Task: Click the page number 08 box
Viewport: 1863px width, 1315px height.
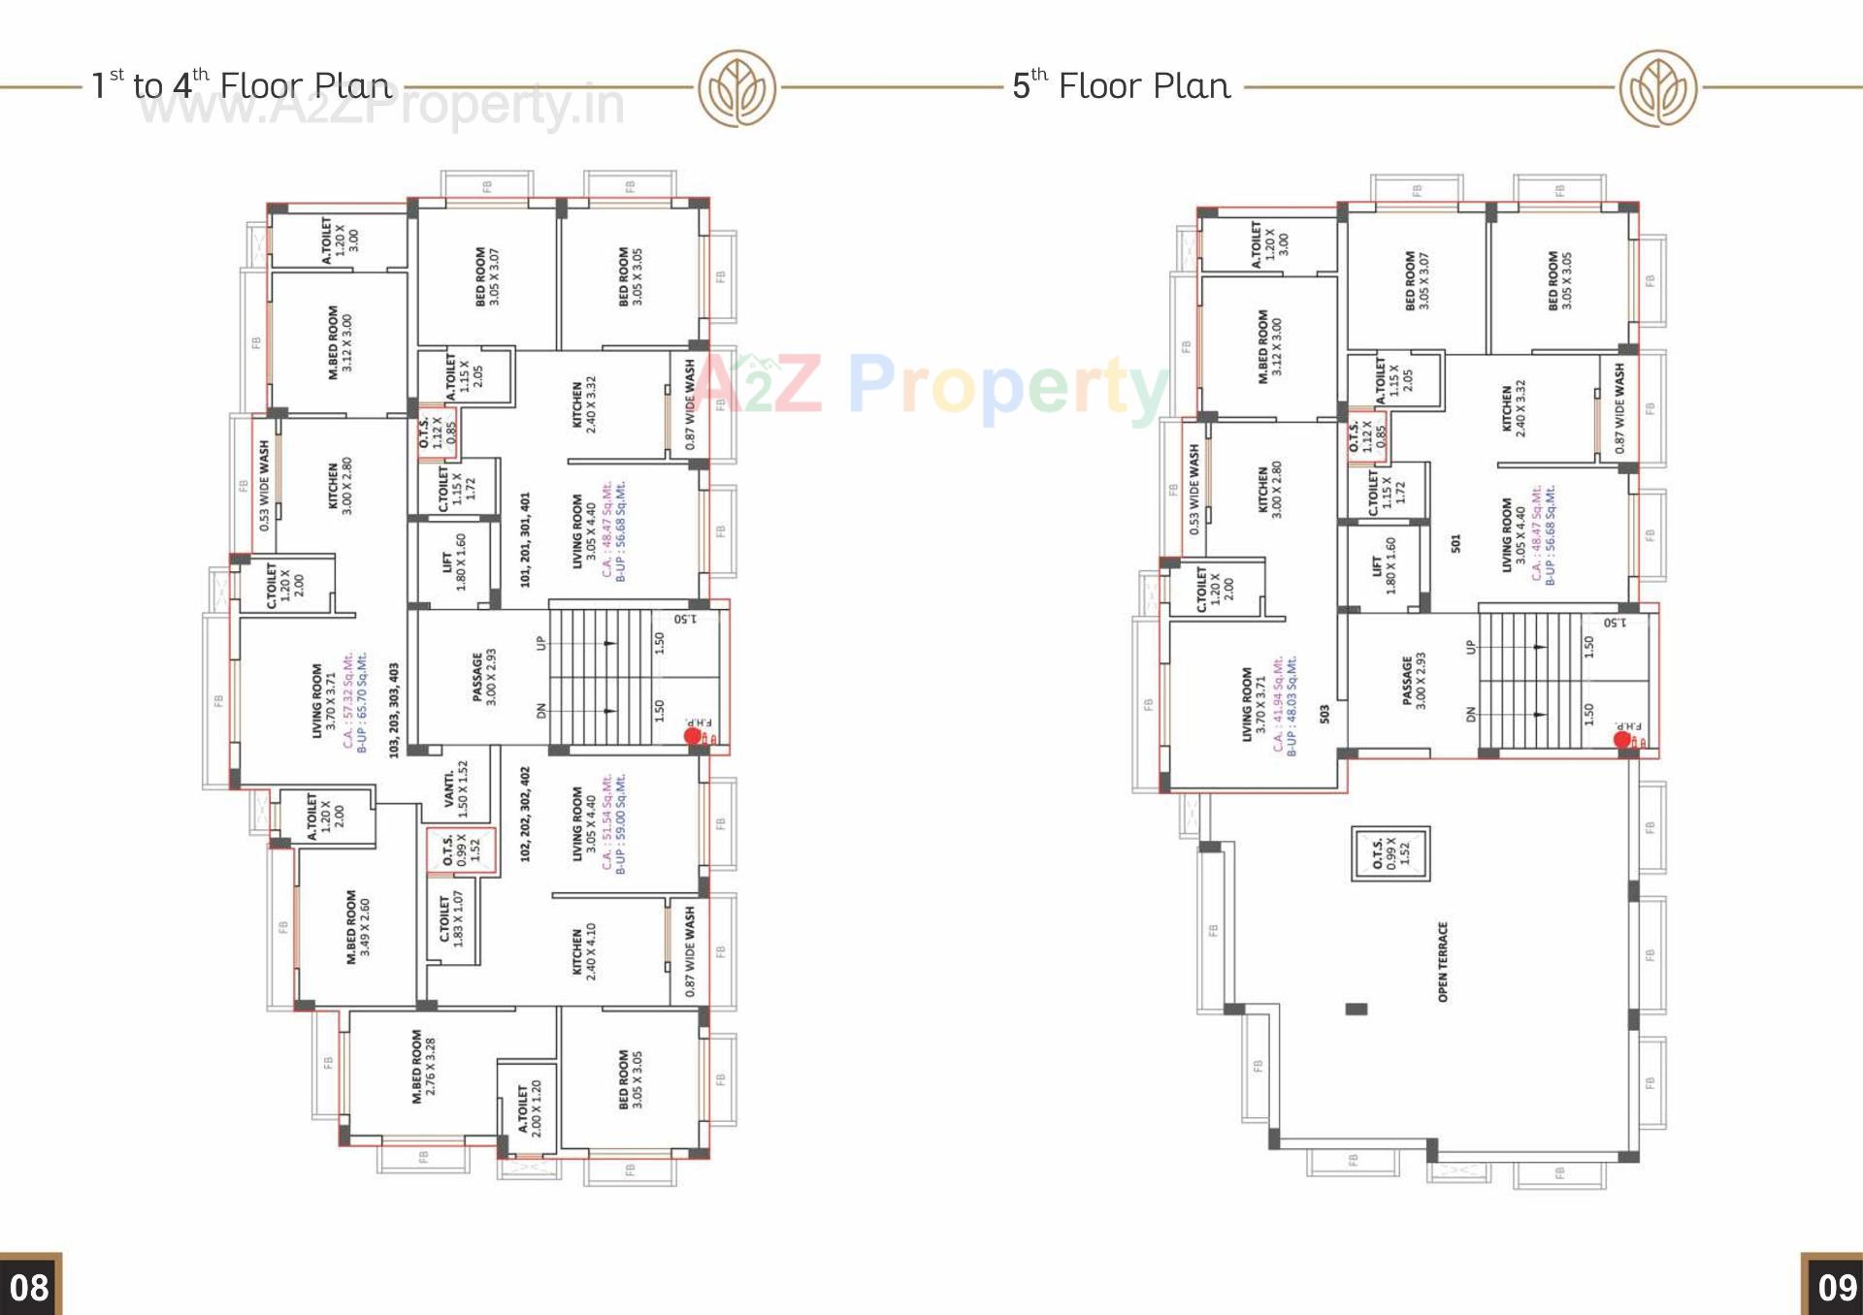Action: point(30,1286)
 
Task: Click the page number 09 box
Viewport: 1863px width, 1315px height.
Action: point(1834,1286)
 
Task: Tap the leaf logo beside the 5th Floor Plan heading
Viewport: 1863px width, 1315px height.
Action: point(1657,88)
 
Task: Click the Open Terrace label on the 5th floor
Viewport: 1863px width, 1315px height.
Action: point(1443,962)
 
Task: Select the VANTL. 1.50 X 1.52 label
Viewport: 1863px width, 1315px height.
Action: point(455,789)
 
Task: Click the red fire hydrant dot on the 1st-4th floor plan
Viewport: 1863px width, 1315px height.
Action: point(692,736)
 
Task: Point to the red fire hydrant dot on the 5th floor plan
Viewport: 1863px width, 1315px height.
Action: point(1621,740)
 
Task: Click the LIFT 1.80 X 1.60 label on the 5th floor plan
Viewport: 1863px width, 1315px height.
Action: point(1383,565)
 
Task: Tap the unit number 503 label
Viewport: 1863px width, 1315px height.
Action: point(1324,714)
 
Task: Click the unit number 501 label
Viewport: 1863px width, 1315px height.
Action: point(1455,544)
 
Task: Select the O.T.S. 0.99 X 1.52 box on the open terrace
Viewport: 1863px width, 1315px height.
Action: point(1390,853)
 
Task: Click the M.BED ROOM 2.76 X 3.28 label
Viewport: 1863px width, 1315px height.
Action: point(424,1066)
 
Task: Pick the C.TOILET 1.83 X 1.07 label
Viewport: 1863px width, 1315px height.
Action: point(451,919)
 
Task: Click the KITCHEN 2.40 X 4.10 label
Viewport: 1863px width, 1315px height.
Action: point(583,950)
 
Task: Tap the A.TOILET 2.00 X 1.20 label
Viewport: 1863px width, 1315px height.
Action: point(530,1108)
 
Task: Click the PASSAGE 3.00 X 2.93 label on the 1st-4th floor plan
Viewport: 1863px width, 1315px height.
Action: point(483,678)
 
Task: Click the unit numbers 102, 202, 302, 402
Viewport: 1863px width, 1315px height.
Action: point(525,815)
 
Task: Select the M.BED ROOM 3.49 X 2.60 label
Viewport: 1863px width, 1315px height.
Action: point(358,927)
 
